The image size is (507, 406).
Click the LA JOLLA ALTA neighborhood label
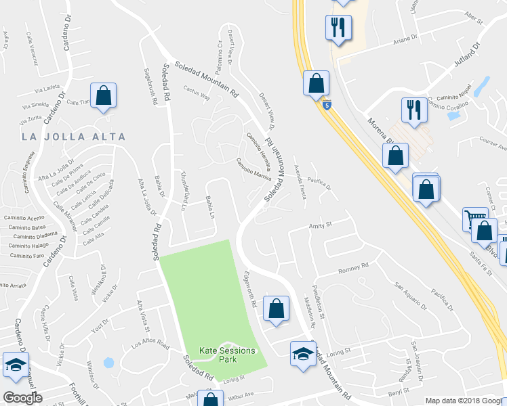pyautogui.click(x=74, y=137)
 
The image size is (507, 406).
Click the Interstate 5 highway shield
pyautogui.click(x=327, y=106)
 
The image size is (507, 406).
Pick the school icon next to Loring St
pyautogui.click(x=303, y=353)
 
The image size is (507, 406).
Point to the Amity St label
pyautogui.click(x=320, y=225)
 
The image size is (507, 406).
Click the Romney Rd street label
pyautogui.click(x=353, y=268)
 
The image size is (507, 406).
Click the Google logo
pyautogui.click(x=22, y=398)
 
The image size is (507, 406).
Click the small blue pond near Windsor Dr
pyautogui.click(x=108, y=363)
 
